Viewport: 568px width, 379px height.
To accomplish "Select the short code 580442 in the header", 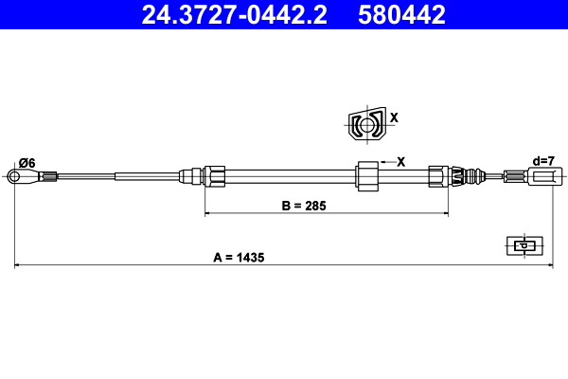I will [x=401, y=14].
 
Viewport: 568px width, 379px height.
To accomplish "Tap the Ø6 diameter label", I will [x=27, y=163].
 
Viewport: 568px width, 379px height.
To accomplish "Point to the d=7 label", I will [x=543, y=161].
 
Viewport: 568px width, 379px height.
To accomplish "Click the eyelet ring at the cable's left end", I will [x=13, y=175].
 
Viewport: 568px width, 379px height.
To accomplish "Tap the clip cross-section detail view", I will [x=364, y=124].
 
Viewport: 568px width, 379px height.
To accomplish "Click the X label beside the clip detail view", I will [x=395, y=118].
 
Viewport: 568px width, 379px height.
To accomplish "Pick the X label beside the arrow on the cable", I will [x=400, y=161].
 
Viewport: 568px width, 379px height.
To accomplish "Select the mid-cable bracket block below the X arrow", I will [x=366, y=175].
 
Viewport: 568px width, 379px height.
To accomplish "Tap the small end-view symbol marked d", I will [x=522, y=245].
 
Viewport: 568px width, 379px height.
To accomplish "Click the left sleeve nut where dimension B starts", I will [x=214, y=175].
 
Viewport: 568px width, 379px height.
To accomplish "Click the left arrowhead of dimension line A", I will [x=17, y=265].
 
